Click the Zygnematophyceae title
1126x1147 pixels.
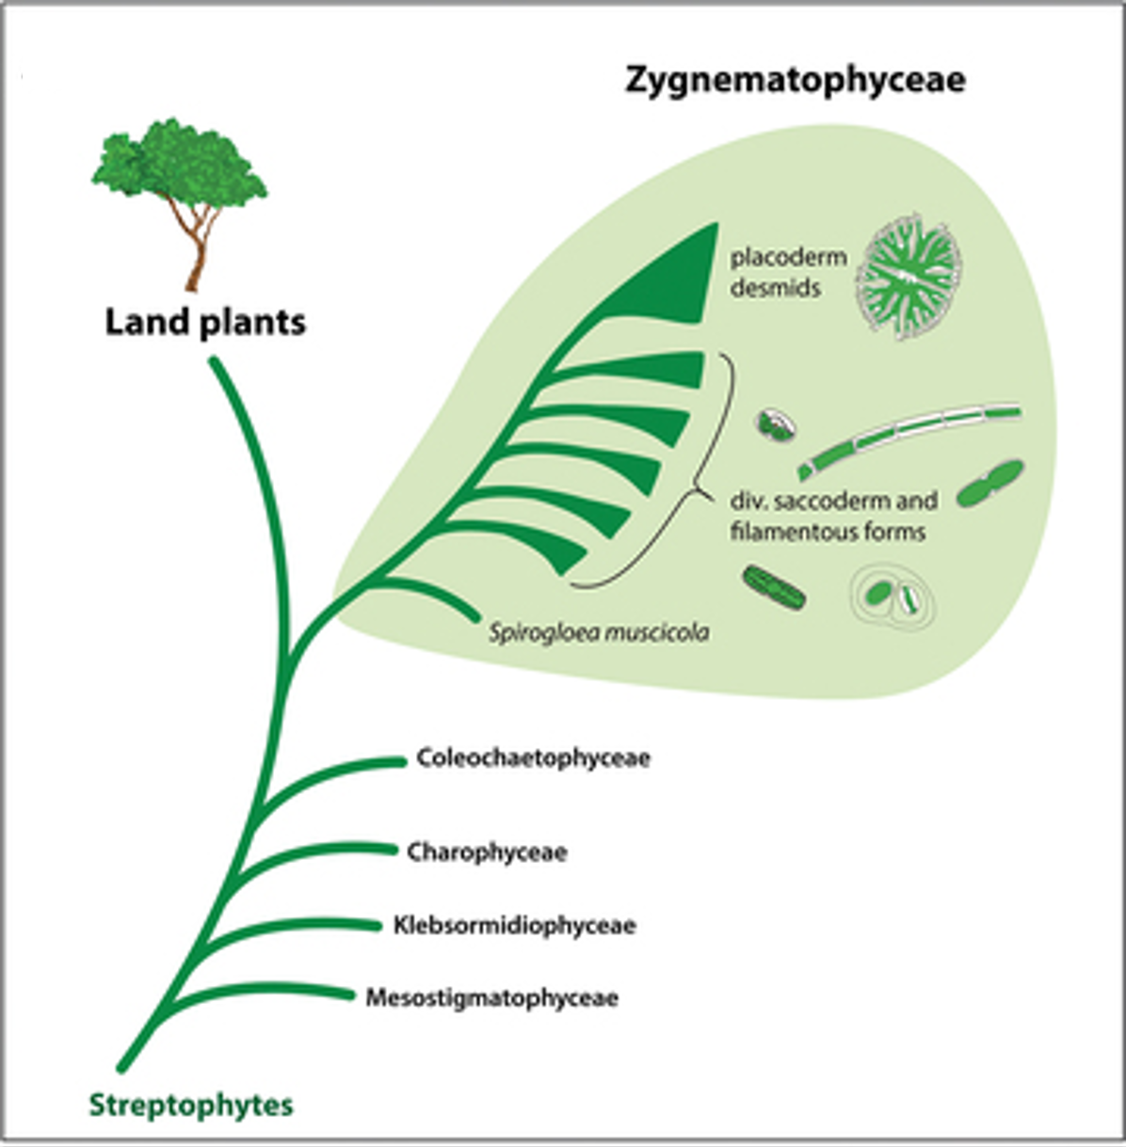(796, 80)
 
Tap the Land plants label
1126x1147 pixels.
(205, 322)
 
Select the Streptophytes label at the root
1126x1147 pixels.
(191, 1105)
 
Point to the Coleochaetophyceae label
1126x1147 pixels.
(533, 757)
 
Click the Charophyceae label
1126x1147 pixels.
(487, 852)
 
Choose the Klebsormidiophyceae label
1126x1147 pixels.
(514, 925)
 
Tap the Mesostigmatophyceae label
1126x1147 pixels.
(491, 997)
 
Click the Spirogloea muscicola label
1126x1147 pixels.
(599, 632)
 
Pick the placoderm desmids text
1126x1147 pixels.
(788, 272)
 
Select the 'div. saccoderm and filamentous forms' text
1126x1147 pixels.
(832, 516)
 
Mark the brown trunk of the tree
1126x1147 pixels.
(199, 254)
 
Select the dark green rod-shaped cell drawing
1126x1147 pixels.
(774, 587)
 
